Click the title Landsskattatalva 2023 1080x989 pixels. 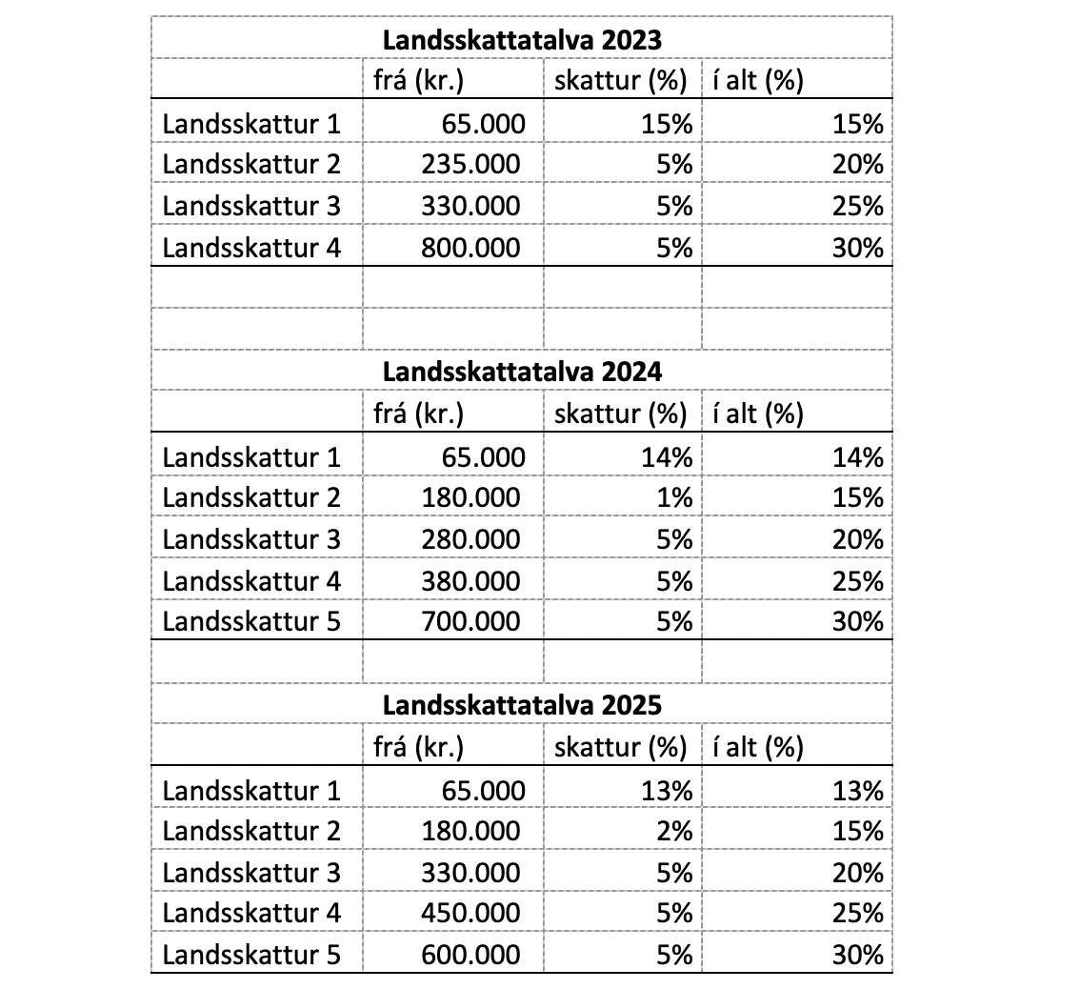click(522, 40)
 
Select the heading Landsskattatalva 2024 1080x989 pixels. click(522, 373)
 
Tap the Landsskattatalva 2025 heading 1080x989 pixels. click(522, 706)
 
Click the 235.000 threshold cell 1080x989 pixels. click(471, 164)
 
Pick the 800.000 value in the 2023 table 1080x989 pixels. click(471, 248)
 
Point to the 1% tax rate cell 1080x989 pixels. click(673, 497)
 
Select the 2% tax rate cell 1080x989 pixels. click(673, 831)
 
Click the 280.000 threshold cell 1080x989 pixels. click(471, 539)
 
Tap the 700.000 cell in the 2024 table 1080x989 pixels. click(471, 622)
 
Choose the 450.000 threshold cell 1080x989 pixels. click(471, 914)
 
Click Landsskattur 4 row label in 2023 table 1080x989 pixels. click(251, 248)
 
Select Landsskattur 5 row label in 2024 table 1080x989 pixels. click(251, 622)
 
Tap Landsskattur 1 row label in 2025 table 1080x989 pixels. click(251, 790)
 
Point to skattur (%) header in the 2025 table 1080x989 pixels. click(621, 748)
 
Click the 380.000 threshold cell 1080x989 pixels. click(471, 580)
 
